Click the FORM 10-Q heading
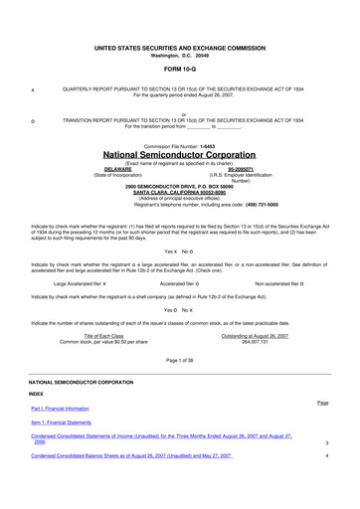coord(179,70)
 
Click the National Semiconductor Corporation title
coord(179,156)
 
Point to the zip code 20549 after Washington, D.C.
coord(199,55)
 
